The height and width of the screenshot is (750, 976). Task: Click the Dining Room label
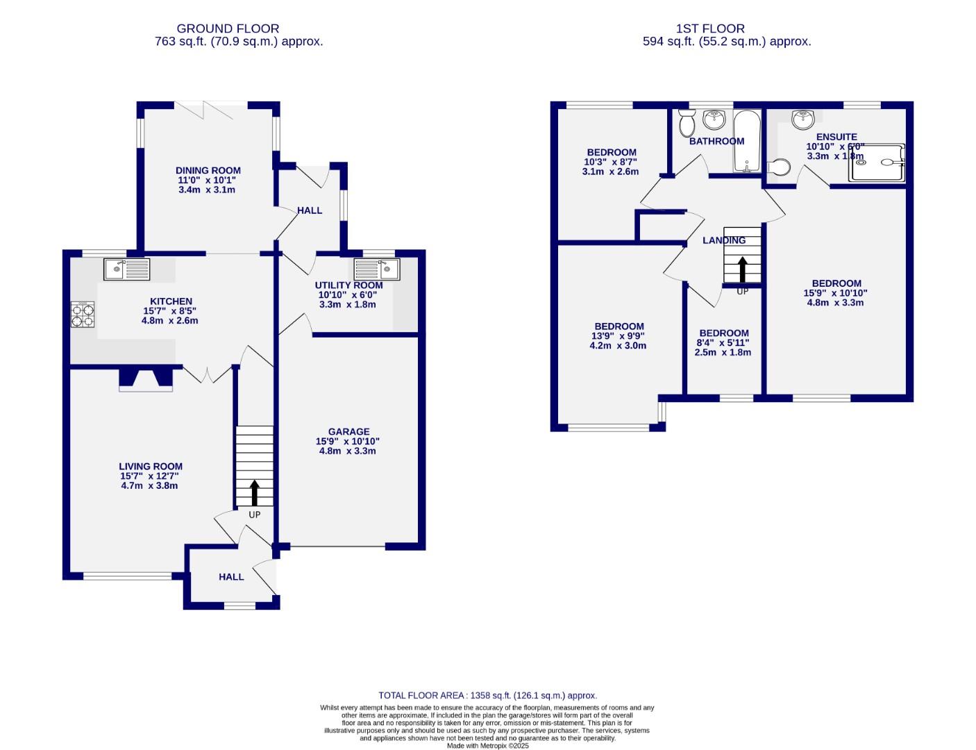[208, 170]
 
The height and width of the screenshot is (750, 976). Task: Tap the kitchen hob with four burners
[83, 314]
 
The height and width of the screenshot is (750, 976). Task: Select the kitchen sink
[126, 269]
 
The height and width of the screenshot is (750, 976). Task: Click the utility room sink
[377, 268]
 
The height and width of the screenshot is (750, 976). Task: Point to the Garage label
[348, 431]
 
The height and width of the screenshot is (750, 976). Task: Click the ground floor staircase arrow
[254, 492]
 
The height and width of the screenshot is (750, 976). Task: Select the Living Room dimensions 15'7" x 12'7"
[150, 476]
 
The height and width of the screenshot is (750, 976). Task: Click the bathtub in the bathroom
[747, 141]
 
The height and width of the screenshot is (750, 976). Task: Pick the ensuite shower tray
[877, 162]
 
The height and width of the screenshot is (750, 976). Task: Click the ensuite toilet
[780, 167]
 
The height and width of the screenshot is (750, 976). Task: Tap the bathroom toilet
[687, 124]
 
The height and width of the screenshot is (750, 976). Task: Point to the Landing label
[723, 240]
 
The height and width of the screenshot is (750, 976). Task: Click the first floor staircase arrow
[742, 268]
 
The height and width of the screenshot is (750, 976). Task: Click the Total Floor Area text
[487, 695]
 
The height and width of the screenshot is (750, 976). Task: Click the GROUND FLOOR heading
[228, 28]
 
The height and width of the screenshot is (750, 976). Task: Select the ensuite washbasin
[803, 119]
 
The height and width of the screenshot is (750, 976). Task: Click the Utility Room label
[348, 285]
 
